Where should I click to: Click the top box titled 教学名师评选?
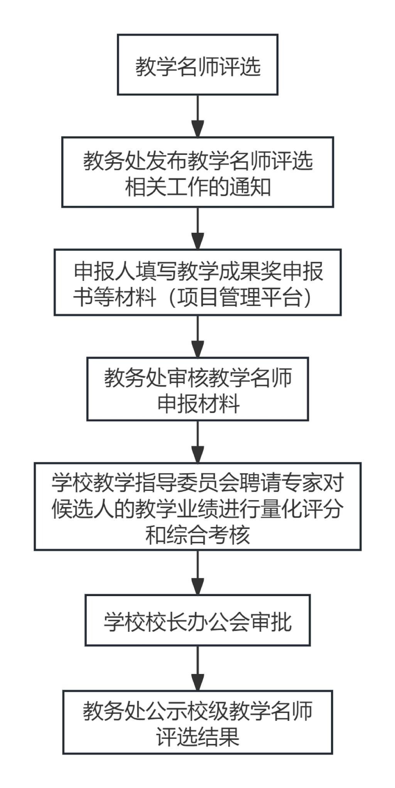pyautogui.click(x=197, y=65)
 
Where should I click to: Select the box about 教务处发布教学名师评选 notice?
pyautogui.click(x=197, y=172)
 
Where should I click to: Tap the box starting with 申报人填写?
pyautogui.click(x=197, y=282)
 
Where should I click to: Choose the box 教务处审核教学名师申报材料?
pyautogui.click(x=197, y=389)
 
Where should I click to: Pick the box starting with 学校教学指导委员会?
pyautogui.click(x=197, y=506)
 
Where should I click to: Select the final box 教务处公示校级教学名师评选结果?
pyautogui.click(x=197, y=722)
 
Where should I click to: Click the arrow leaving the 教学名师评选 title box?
pyautogui.click(x=197, y=116)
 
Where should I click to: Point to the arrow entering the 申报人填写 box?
pyautogui.click(x=197, y=229)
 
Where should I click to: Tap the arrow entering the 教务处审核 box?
pyautogui.click(x=197, y=336)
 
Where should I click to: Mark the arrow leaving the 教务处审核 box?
pyautogui.click(x=197, y=442)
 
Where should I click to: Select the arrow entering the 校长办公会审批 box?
pyautogui.click(x=197, y=573)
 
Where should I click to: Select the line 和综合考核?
pyautogui.click(x=197, y=534)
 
